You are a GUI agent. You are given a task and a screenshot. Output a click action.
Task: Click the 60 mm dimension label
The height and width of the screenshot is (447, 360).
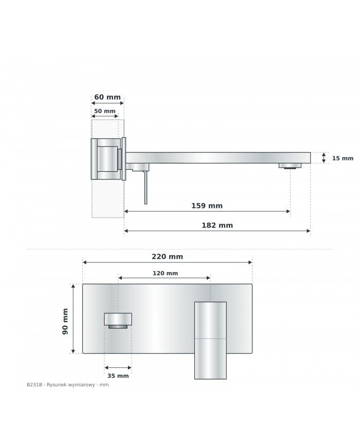pyautogui.click(x=107, y=97)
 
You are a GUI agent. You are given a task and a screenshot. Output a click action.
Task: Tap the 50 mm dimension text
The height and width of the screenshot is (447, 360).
pyautogui.click(x=104, y=111)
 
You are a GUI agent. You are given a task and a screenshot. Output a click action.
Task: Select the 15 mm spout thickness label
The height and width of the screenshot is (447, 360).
pyautogui.click(x=343, y=158)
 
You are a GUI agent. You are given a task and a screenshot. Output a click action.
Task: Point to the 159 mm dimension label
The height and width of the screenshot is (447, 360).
pyautogui.click(x=207, y=206)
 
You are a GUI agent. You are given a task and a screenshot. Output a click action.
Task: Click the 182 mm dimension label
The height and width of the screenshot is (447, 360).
pyautogui.click(x=217, y=225)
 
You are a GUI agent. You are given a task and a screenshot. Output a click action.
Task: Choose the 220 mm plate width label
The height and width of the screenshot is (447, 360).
pyautogui.click(x=167, y=257)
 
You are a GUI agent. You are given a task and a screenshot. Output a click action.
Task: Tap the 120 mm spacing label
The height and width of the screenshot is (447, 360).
pyautogui.click(x=165, y=273)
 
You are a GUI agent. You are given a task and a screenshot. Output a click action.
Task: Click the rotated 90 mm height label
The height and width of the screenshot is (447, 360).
pyautogui.click(x=65, y=321)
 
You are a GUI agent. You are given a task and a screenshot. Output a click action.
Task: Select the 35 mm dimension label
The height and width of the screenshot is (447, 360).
pyautogui.click(x=118, y=376)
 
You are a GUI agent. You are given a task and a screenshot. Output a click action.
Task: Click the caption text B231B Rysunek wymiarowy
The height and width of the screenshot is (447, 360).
pyautogui.click(x=67, y=385)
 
